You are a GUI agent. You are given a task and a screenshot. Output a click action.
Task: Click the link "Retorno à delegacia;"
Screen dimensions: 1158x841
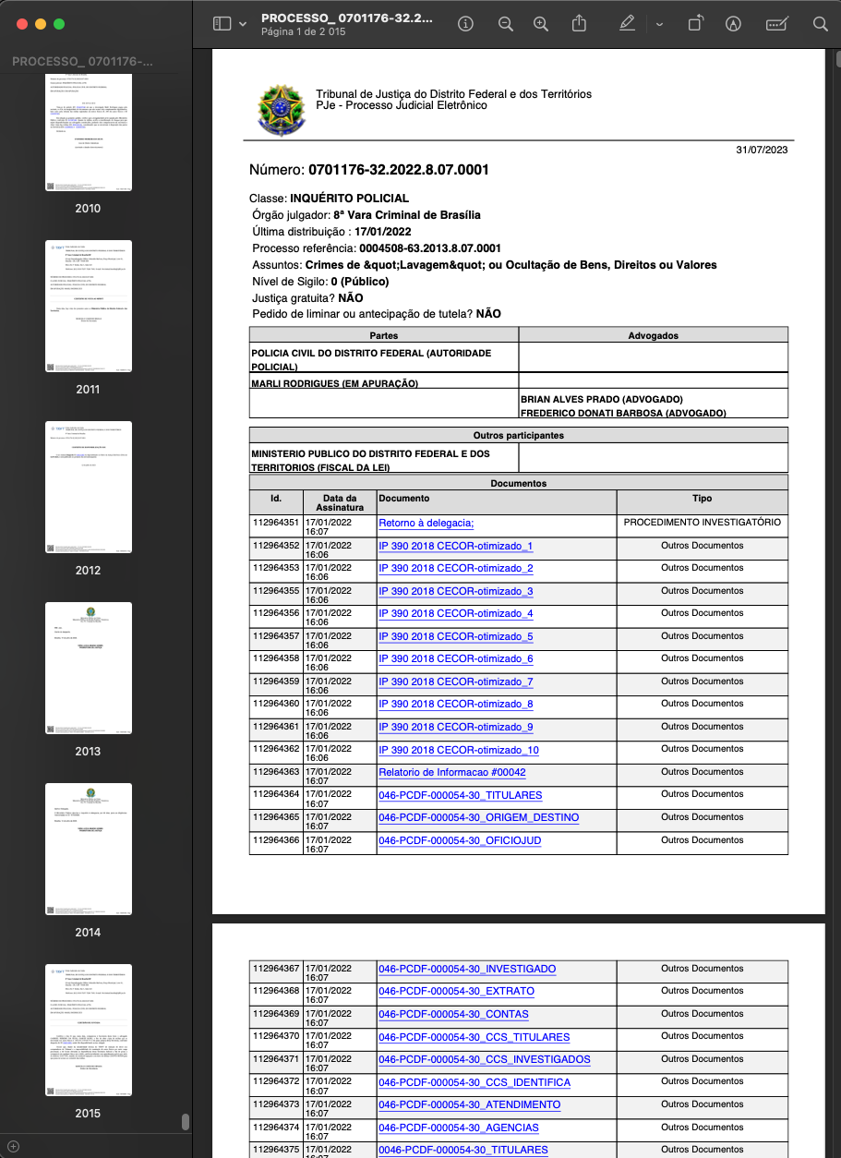(x=426, y=524)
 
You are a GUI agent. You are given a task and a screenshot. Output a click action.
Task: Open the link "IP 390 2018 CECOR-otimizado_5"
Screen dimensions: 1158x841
(x=455, y=637)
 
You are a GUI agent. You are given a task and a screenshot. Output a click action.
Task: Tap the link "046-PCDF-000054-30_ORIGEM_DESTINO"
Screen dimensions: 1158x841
(x=478, y=818)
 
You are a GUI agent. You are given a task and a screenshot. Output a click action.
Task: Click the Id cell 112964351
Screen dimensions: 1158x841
(x=276, y=524)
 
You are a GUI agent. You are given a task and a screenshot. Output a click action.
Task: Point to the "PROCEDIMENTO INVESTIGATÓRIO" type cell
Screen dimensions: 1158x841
(x=702, y=523)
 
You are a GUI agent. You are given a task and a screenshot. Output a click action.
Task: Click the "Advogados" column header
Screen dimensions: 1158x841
(x=653, y=335)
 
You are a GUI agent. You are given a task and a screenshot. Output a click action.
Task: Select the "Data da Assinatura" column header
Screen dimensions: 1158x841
(x=340, y=502)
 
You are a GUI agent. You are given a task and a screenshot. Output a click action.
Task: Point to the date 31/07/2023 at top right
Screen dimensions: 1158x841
(x=762, y=151)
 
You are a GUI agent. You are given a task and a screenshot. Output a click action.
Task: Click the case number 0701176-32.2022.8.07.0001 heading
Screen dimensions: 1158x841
(x=369, y=171)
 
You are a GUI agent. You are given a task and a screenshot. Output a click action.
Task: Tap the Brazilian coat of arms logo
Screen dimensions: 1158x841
(x=280, y=108)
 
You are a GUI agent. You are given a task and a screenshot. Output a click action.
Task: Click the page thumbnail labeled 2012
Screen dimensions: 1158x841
(x=89, y=488)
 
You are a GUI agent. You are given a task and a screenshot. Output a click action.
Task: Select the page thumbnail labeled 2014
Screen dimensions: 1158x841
(x=89, y=850)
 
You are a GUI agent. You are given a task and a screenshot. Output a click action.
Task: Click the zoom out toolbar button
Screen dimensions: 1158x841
(x=506, y=24)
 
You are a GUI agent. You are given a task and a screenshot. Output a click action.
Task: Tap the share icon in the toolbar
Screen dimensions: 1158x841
(x=579, y=24)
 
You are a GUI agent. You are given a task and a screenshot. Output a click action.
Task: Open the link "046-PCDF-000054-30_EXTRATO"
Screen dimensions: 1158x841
(x=456, y=992)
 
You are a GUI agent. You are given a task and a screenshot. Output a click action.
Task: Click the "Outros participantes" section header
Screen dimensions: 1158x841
(x=518, y=435)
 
